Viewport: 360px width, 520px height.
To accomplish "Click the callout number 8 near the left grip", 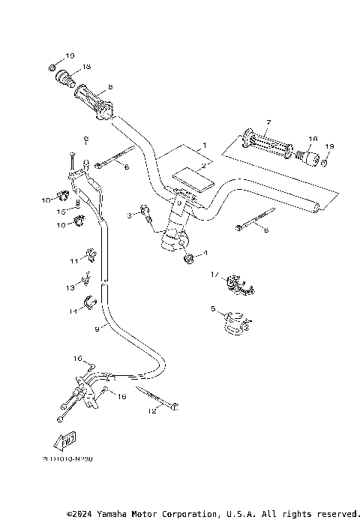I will (x=110, y=87).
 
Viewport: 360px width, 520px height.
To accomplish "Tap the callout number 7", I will (x=268, y=122).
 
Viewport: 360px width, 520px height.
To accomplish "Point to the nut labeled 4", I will (x=190, y=259).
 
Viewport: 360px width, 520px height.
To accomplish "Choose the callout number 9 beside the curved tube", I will (x=97, y=328).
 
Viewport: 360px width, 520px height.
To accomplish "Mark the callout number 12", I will (x=152, y=410).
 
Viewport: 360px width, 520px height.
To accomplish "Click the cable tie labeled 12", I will (x=159, y=398).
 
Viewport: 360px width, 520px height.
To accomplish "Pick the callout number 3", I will (x=129, y=215).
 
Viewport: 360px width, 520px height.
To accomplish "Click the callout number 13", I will (x=70, y=287).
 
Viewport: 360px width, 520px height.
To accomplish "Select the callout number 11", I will (x=73, y=260).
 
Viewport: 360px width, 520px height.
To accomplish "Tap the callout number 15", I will (x=63, y=212).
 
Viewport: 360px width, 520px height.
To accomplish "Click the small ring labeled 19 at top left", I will (x=52, y=69).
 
